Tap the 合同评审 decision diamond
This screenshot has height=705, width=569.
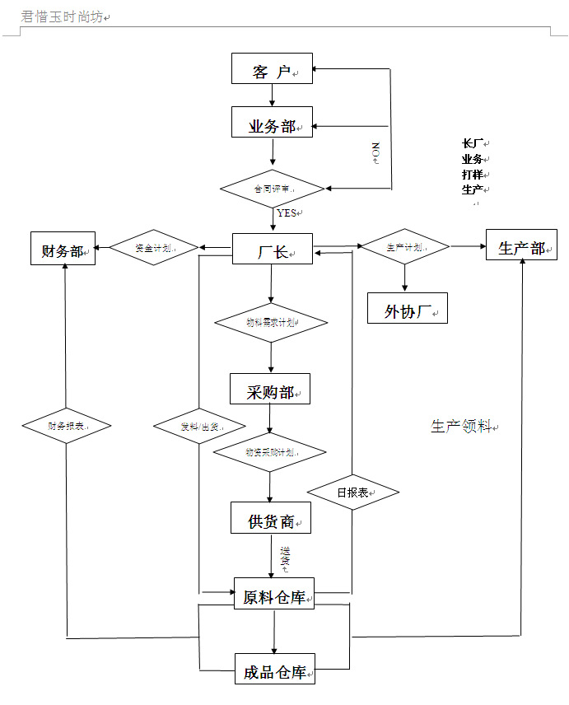[273, 189]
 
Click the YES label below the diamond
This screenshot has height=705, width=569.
[286, 212]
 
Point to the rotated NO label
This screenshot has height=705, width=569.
[375, 152]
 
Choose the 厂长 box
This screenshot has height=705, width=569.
[272, 249]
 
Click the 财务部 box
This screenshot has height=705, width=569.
[63, 249]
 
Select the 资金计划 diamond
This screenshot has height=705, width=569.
[154, 247]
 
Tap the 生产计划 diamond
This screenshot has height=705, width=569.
[405, 246]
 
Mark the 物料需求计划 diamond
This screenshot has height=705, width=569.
[271, 323]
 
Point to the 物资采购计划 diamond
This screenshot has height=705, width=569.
[270, 452]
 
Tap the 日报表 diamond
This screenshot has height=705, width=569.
[352, 493]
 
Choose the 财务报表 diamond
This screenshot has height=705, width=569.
[66, 426]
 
